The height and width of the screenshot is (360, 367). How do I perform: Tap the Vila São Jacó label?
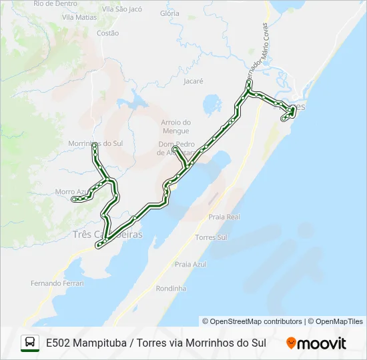click(122, 9)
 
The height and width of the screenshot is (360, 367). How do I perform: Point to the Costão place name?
click(107, 33)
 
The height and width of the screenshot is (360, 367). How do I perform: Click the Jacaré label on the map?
click(192, 81)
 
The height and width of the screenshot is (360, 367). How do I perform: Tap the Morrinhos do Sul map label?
click(96, 143)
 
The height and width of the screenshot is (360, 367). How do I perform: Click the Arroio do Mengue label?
click(176, 127)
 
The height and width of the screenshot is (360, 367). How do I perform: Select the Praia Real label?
click(224, 217)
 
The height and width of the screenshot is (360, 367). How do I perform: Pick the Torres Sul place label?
click(212, 237)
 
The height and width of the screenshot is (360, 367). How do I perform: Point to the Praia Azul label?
click(191, 264)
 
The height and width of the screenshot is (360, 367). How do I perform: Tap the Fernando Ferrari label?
click(57, 283)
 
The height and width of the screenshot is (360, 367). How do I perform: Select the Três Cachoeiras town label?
click(107, 235)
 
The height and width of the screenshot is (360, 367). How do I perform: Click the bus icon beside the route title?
click(30, 343)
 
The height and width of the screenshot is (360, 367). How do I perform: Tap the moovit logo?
click(316, 343)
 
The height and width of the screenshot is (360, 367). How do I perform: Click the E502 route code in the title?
click(58, 343)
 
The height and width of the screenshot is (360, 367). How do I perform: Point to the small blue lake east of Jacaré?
click(212, 104)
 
